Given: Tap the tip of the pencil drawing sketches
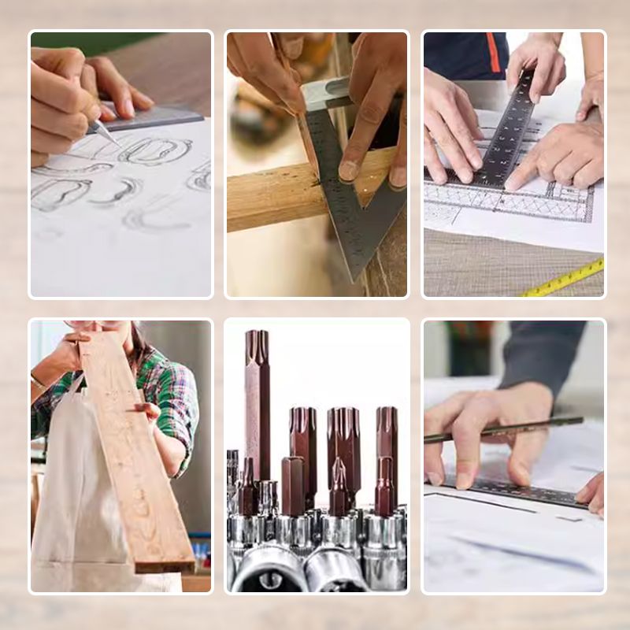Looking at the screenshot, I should click(x=117, y=144).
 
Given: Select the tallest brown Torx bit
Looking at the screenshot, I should click(x=257, y=402).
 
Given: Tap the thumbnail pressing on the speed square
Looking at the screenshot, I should click(x=349, y=170).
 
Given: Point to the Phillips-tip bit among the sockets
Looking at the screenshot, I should click(x=338, y=480).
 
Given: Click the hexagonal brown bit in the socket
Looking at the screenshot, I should click(x=294, y=484).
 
